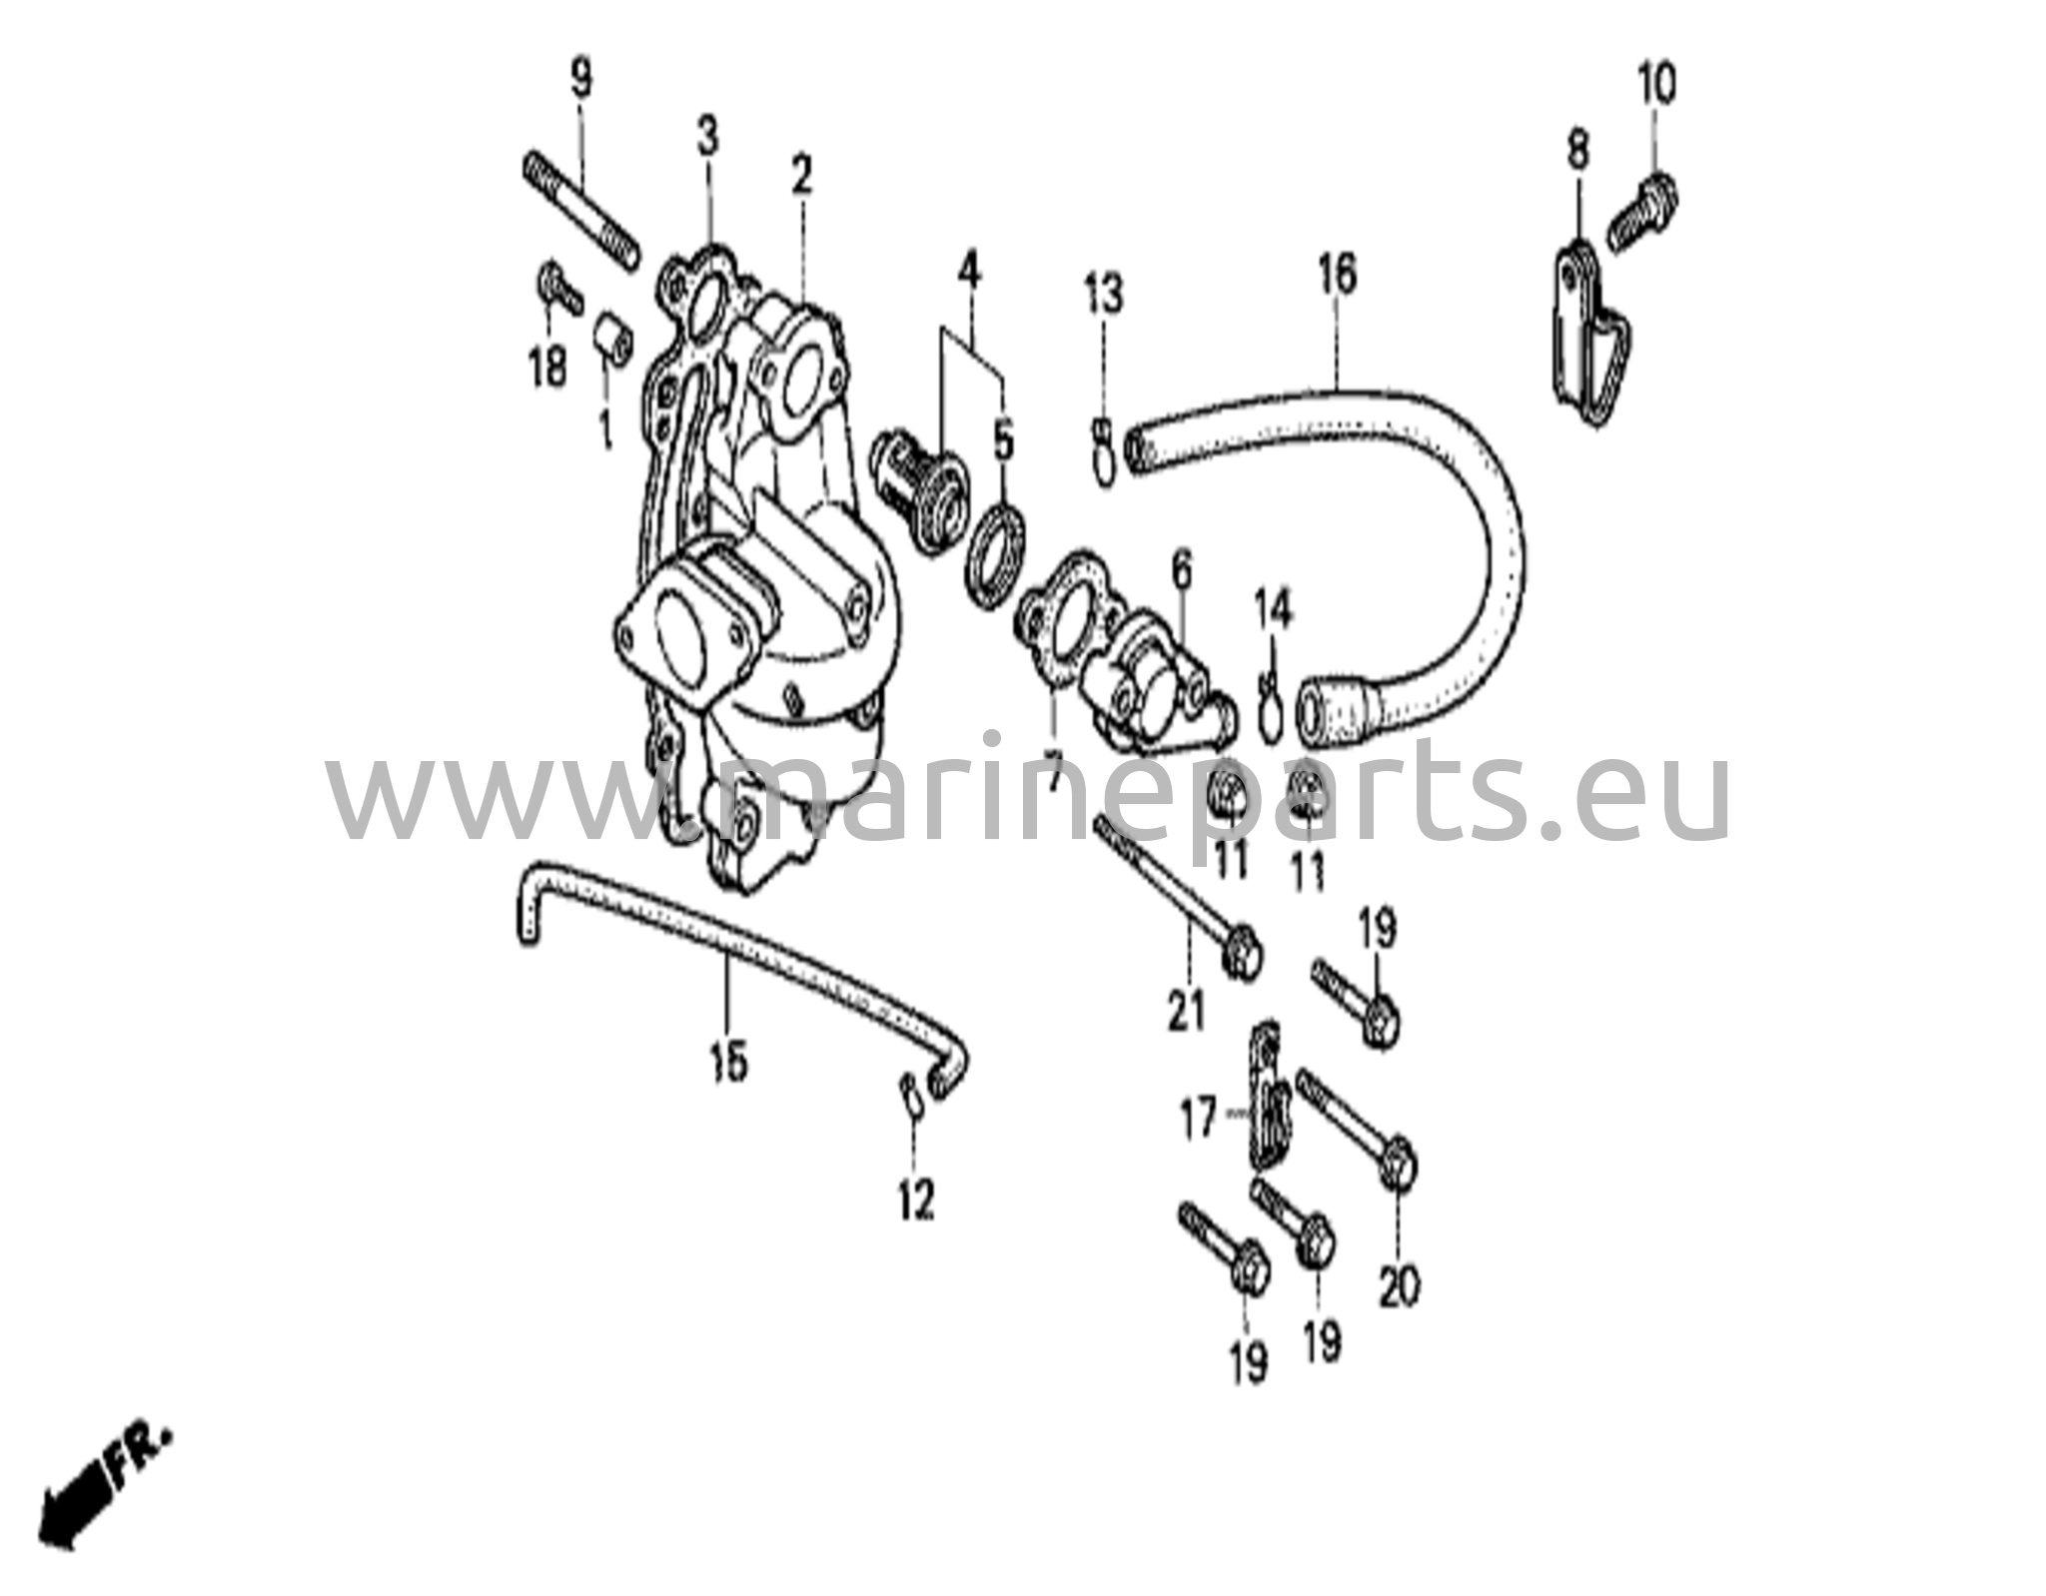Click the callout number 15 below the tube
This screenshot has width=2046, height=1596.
[729, 1062]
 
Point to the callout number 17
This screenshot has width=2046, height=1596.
[1199, 1118]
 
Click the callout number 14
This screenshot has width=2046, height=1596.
[1275, 608]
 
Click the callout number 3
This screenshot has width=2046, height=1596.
[707, 138]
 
